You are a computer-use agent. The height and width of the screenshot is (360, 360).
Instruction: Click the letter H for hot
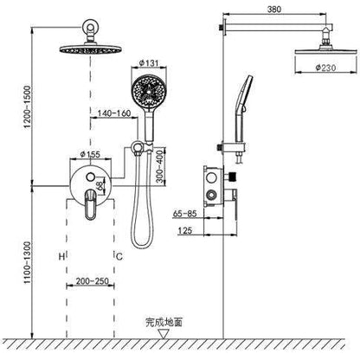(x=62, y=256)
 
